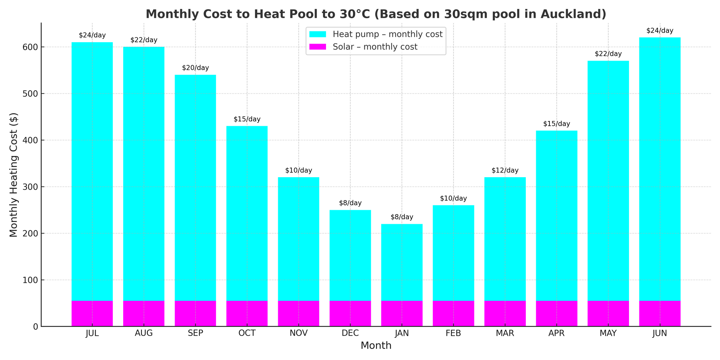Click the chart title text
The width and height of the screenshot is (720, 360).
click(376, 14)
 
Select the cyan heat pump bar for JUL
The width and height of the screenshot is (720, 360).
click(92, 170)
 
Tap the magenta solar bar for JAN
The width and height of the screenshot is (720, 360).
click(402, 313)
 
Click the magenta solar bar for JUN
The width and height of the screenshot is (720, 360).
click(660, 313)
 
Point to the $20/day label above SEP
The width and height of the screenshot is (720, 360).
click(195, 68)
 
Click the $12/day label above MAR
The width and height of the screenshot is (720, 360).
click(505, 171)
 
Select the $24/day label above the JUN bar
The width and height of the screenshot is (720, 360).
click(660, 31)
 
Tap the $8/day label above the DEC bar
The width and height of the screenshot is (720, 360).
click(350, 203)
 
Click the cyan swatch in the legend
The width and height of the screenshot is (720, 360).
click(318, 34)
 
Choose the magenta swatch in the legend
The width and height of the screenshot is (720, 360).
click(318, 47)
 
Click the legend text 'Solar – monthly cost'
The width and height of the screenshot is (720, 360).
click(375, 47)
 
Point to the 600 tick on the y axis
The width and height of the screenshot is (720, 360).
click(31, 47)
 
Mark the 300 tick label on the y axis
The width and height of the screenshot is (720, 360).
click(31, 187)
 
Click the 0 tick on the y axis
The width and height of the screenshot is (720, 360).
click(36, 327)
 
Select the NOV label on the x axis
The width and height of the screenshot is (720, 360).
click(299, 334)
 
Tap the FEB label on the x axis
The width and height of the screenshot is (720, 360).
click(453, 334)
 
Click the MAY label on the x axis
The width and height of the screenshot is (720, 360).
click(608, 334)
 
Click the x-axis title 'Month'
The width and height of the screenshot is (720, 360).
click(376, 346)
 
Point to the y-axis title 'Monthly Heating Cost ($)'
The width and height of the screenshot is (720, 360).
click(14, 175)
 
